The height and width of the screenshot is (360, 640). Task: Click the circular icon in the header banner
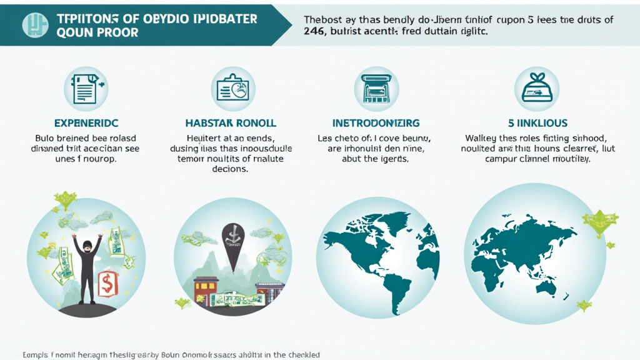pos(34,24)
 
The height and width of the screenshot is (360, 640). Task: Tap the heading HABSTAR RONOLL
pos(231,123)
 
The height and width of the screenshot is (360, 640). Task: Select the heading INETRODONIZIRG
pos(376,123)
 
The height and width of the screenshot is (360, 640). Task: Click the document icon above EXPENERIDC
pos(86,89)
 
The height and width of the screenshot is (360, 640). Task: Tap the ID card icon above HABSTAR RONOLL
pos(232,89)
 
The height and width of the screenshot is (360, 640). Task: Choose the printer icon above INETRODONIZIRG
pos(376,89)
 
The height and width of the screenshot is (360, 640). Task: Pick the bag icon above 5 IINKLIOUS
pos(536,89)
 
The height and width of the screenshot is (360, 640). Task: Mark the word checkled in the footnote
pos(301,354)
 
